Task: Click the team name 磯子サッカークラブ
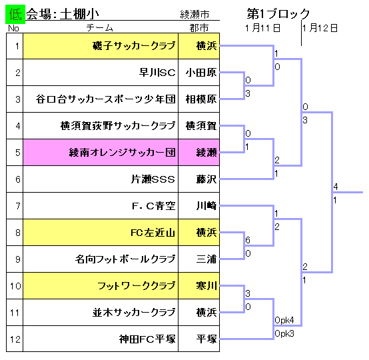tap(134, 46)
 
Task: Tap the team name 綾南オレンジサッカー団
tap(122, 153)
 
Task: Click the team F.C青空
tap(154, 206)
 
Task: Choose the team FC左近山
tap(153, 233)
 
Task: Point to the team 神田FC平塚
tap(147, 339)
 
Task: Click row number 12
tap(15, 339)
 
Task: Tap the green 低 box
tap(15, 15)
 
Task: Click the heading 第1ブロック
tap(278, 13)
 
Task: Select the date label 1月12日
tap(320, 28)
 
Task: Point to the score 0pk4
tap(284, 320)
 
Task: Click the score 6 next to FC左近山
tap(248, 240)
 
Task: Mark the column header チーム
tap(100, 28)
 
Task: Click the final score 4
tap(336, 187)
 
